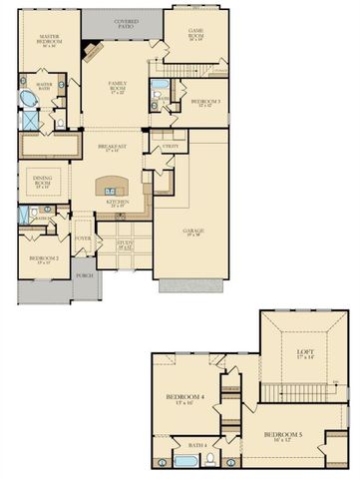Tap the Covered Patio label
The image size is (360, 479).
click(127, 22)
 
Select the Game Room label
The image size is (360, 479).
click(195, 34)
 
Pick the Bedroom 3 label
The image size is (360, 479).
click(205, 103)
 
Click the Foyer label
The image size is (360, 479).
click(83, 239)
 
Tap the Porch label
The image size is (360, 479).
click(84, 276)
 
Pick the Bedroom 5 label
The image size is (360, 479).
click(284, 437)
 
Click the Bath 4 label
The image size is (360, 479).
click(198, 445)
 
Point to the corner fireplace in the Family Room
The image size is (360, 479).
click(91, 52)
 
